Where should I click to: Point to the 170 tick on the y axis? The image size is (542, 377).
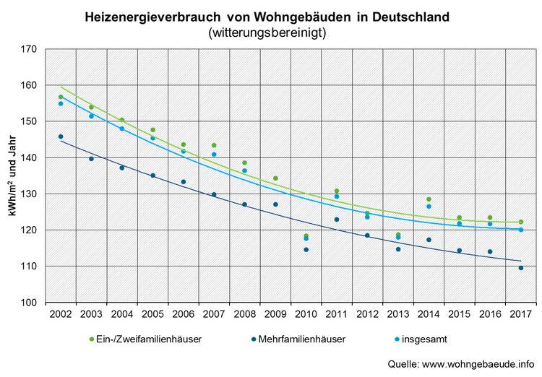(x=28, y=49)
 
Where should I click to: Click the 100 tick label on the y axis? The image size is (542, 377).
(x=28, y=302)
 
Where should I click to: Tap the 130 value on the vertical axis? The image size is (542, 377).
(x=28, y=194)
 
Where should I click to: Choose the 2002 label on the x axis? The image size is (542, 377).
(x=61, y=315)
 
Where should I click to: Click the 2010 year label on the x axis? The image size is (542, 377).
(x=306, y=315)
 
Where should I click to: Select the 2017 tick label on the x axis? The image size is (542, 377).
(x=520, y=315)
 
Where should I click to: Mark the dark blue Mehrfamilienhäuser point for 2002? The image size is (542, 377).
(x=61, y=136)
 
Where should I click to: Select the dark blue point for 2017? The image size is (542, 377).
(x=520, y=268)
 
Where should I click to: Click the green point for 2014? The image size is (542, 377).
(x=429, y=199)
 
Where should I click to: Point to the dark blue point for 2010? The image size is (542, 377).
(x=306, y=250)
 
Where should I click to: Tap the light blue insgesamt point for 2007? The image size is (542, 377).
(x=214, y=155)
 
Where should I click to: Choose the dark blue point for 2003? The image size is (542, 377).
(x=91, y=159)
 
